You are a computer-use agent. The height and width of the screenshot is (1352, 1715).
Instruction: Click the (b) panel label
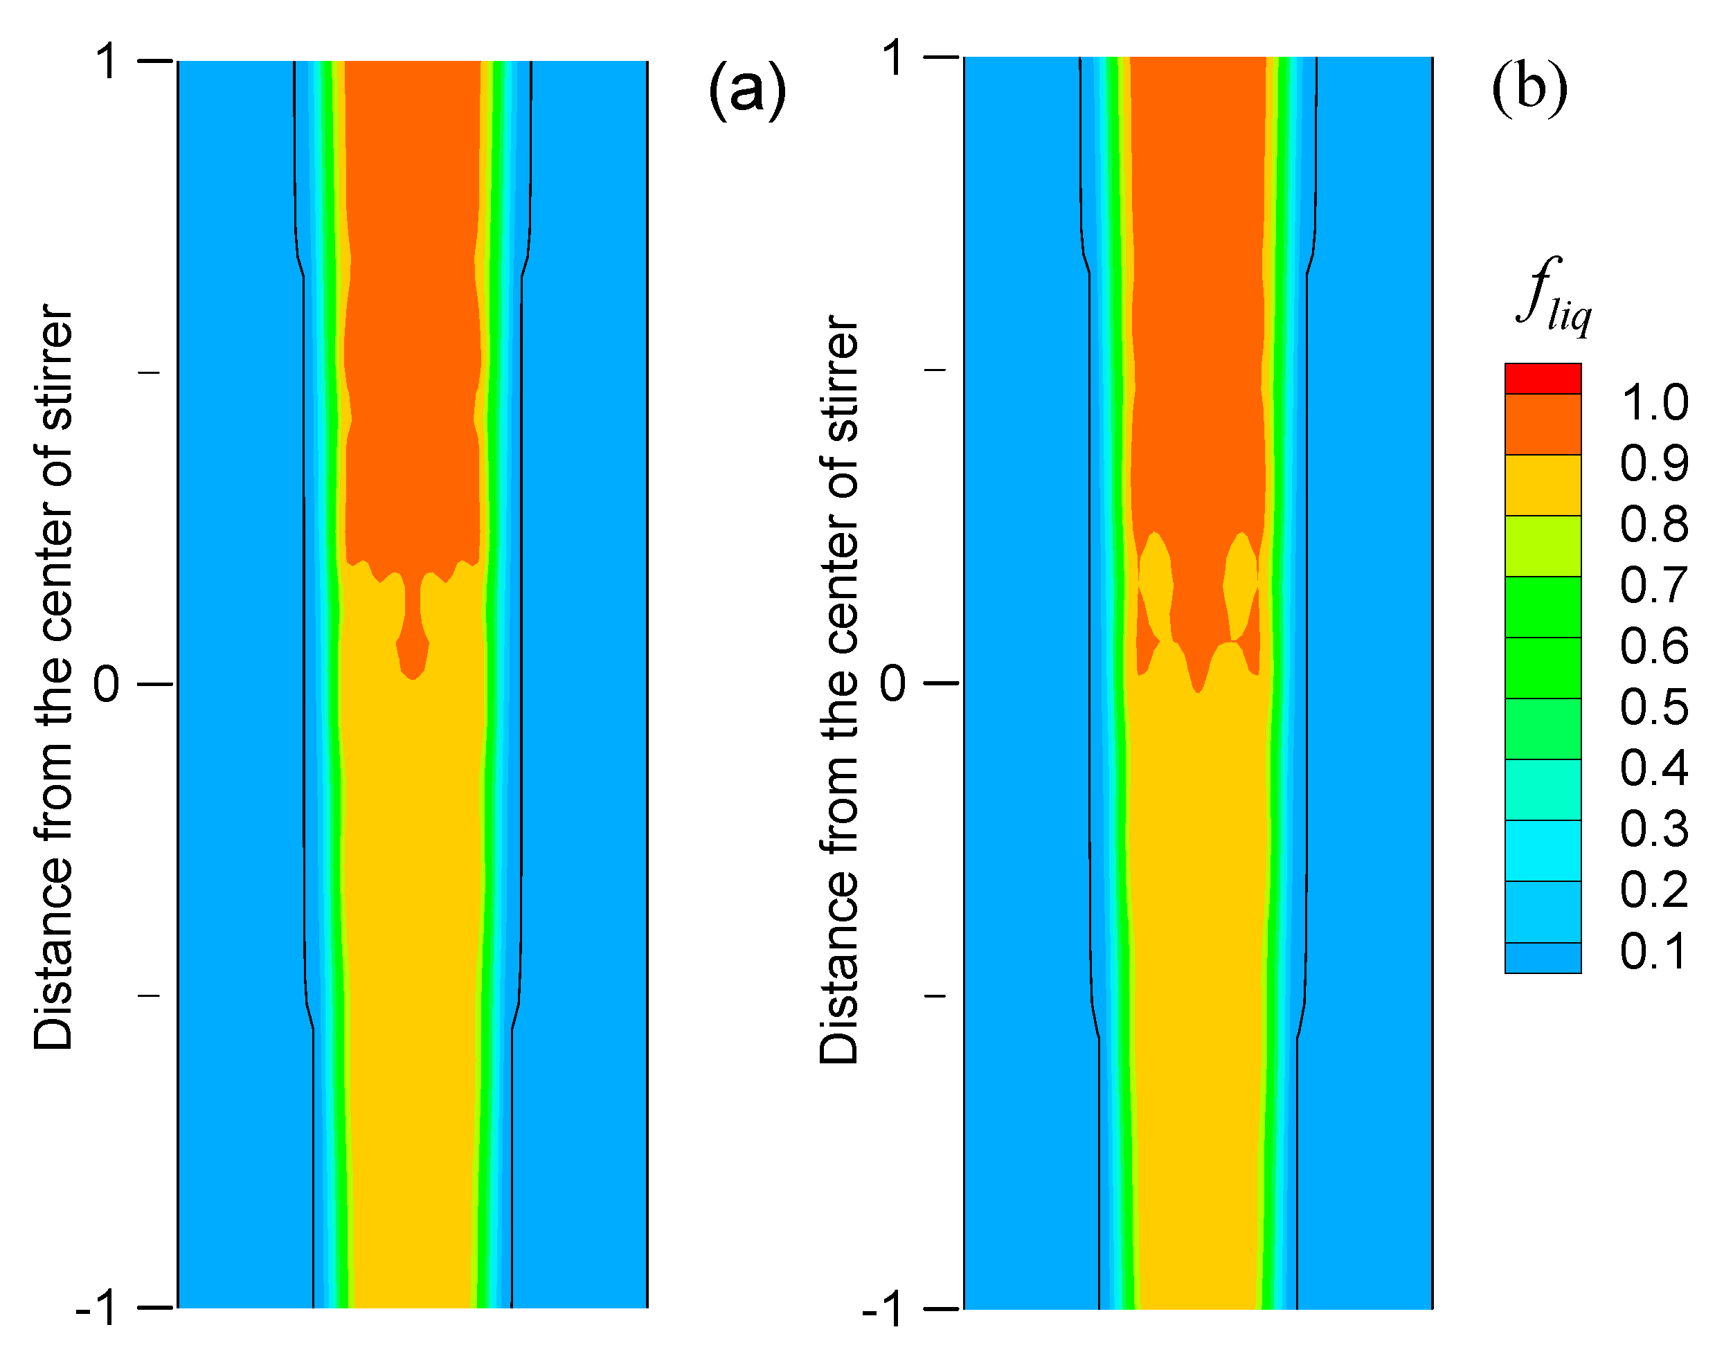pos(1529,87)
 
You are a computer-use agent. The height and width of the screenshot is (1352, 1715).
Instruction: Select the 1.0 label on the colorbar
pos(1654,402)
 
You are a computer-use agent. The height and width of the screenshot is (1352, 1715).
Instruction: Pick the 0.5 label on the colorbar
pos(1654,706)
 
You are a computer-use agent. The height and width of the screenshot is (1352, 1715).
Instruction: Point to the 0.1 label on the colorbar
pos(1654,950)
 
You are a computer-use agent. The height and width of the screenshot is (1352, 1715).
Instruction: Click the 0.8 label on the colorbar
pos(1654,524)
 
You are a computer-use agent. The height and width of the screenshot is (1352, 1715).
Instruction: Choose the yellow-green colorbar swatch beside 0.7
pos(1543,546)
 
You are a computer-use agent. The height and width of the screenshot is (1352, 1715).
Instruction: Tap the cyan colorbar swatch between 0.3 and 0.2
pos(1543,850)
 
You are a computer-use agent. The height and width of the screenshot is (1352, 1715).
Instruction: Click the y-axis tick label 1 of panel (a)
pos(108,61)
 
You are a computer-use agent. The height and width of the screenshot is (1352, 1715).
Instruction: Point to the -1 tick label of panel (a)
pos(97,1308)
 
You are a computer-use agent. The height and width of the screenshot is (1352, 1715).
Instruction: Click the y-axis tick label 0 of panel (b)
pos(892,683)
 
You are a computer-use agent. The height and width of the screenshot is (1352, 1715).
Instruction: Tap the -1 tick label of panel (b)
pos(882,1309)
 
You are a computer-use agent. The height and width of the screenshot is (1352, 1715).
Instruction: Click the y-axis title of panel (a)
pos(54,677)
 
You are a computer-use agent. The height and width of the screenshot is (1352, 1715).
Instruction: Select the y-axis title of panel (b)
pos(839,689)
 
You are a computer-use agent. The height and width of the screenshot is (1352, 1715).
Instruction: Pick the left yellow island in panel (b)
pos(1156,586)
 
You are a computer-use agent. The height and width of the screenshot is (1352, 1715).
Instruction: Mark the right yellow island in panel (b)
pos(1239,586)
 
